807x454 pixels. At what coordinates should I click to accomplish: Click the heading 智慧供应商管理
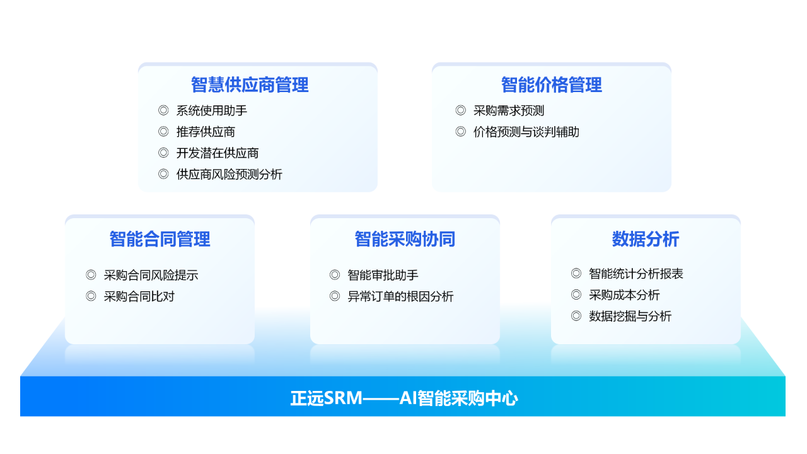tap(250, 85)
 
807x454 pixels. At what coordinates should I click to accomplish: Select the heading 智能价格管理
tap(551, 85)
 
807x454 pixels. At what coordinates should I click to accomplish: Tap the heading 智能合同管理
tap(160, 239)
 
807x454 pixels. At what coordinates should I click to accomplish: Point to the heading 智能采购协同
tap(405, 239)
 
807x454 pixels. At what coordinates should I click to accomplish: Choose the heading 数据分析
tap(646, 239)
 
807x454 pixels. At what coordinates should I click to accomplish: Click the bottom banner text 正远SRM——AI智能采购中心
tap(404, 399)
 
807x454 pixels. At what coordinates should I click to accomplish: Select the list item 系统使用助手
tap(211, 110)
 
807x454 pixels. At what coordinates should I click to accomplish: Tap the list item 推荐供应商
tap(206, 132)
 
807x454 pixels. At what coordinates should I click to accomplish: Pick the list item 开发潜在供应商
tap(218, 153)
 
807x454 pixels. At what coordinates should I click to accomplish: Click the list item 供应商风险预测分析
tap(229, 175)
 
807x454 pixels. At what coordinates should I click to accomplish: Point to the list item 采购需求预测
tap(508, 110)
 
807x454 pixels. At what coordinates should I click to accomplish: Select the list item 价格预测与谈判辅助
tap(526, 132)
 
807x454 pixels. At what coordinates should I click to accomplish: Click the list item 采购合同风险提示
tap(151, 276)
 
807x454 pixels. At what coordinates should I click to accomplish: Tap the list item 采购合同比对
tap(139, 296)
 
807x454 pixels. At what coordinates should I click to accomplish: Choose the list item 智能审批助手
tap(383, 276)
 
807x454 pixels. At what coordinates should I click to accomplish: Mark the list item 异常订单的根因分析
tap(400, 296)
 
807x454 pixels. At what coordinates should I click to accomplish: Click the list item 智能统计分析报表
tap(636, 274)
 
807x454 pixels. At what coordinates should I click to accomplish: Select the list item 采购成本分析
tap(624, 295)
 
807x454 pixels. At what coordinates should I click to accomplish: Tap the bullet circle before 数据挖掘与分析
tap(576, 316)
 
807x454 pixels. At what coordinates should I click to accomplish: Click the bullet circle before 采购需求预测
tap(460, 110)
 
